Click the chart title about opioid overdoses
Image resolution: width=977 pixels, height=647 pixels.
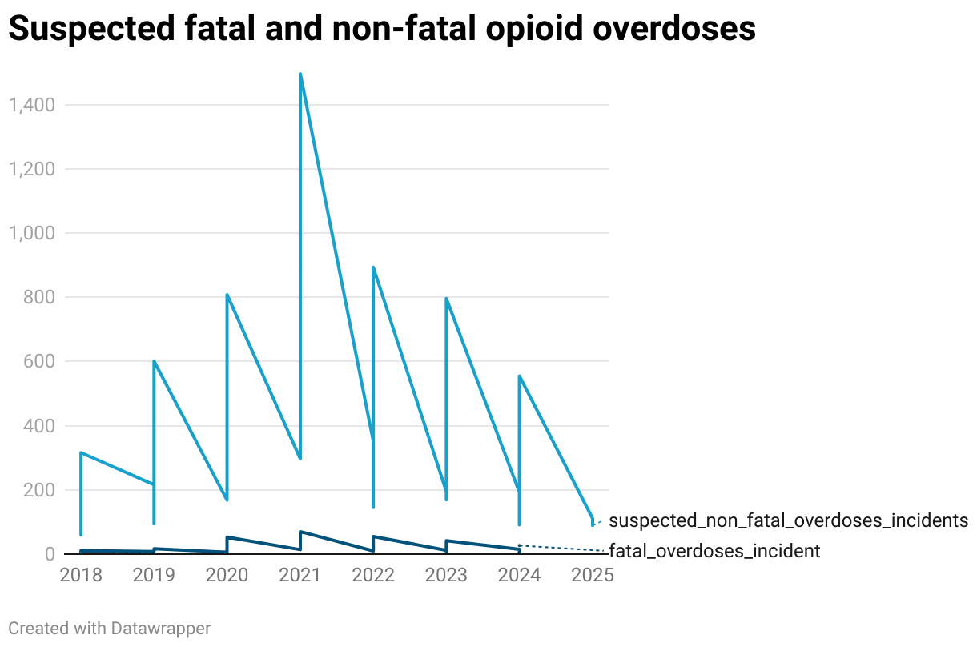pyautogui.click(x=382, y=30)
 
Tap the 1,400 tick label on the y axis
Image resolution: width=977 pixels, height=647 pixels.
pyautogui.click(x=30, y=105)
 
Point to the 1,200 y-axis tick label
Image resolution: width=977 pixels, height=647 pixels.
pyautogui.click(x=30, y=169)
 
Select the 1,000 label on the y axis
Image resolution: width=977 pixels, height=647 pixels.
pyautogui.click(x=30, y=233)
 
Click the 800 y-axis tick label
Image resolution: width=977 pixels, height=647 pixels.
pyautogui.click(x=38, y=297)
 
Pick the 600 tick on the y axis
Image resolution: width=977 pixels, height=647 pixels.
pyautogui.click(x=38, y=361)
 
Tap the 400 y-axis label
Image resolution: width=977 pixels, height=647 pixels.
pyautogui.click(x=38, y=426)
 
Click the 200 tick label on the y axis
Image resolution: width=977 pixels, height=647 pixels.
pyautogui.click(x=38, y=490)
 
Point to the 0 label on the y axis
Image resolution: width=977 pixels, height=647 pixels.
pyautogui.click(x=48, y=554)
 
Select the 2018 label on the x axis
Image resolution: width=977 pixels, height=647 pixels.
pyautogui.click(x=81, y=576)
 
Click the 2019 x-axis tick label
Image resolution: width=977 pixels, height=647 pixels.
pyautogui.click(x=154, y=576)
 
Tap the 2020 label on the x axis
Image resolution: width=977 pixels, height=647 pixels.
pyautogui.click(x=227, y=576)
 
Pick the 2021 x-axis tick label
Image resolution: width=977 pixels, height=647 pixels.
pyautogui.click(x=300, y=576)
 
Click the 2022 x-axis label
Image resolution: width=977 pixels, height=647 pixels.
pyautogui.click(x=373, y=576)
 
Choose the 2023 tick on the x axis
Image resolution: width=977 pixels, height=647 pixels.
pyautogui.click(x=446, y=576)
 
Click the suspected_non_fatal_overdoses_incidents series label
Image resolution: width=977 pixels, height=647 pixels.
pyautogui.click(x=788, y=521)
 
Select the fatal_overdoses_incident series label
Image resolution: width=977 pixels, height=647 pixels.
pyautogui.click(x=714, y=551)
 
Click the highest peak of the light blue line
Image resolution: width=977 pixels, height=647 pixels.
pyautogui.click(x=300, y=74)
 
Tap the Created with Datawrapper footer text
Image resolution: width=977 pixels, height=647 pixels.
pyautogui.click(x=110, y=629)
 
